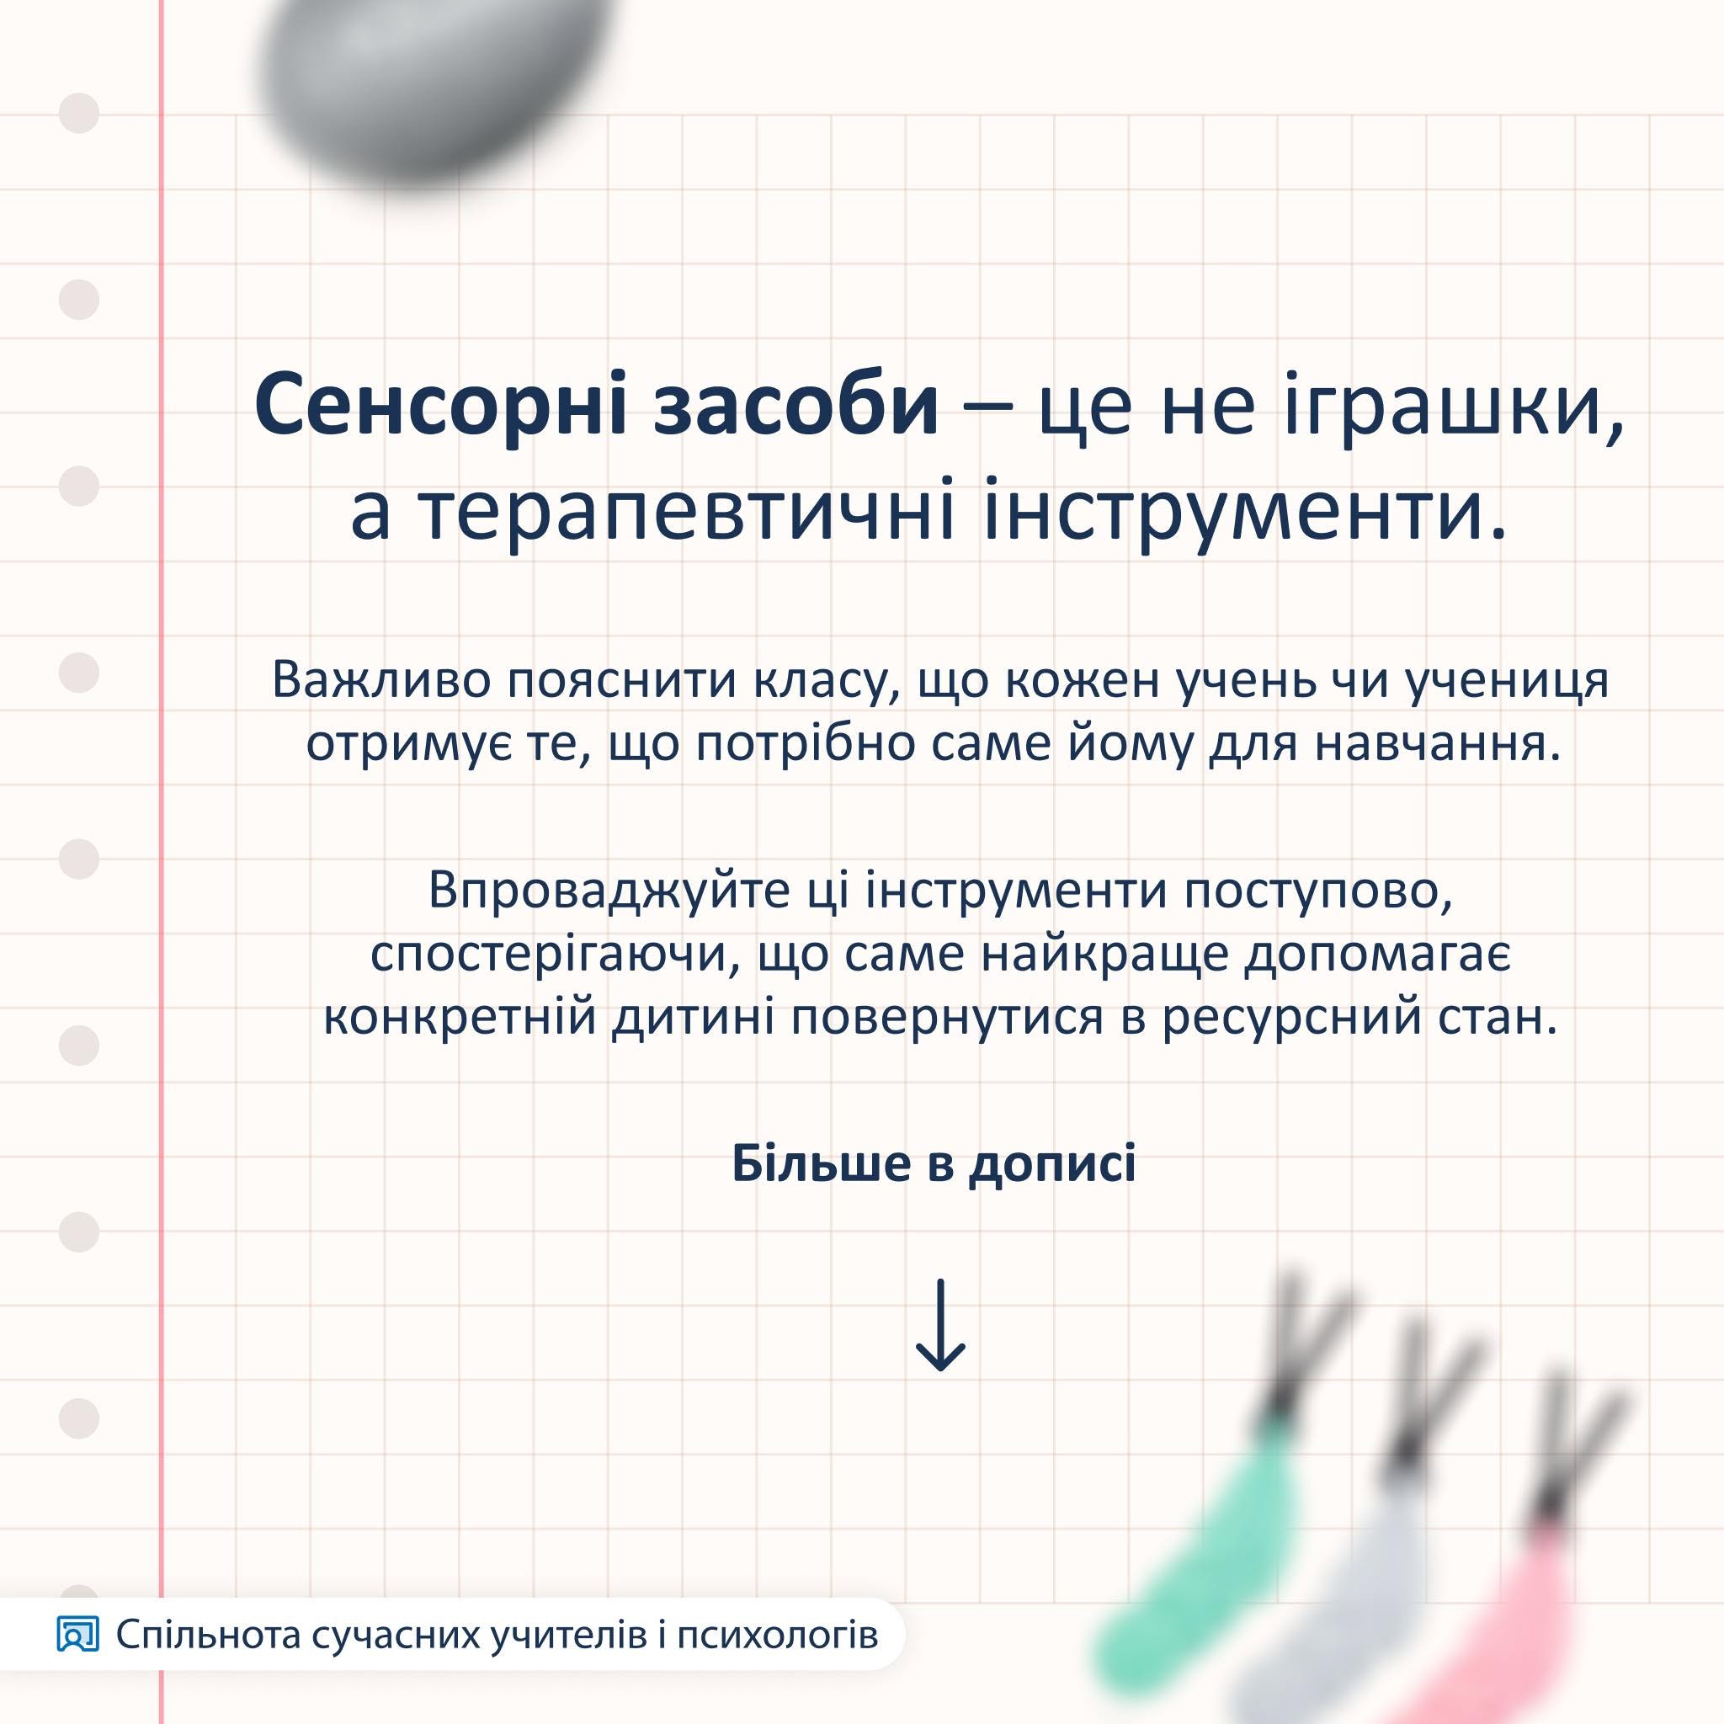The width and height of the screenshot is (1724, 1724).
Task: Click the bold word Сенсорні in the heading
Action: (442, 404)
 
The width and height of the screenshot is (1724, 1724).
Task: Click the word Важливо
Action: (381, 680)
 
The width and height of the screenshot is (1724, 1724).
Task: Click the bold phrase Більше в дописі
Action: (934, 1165)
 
